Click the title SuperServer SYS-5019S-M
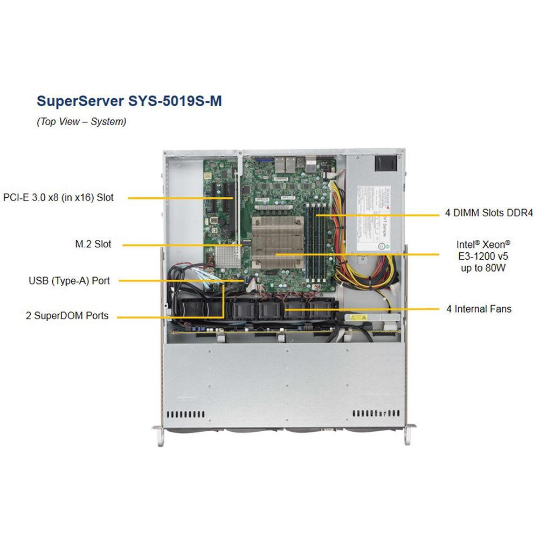129,101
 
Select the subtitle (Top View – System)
81,122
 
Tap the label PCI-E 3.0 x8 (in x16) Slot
58,197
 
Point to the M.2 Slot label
93,244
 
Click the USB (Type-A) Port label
69,280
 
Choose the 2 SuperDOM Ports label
67,316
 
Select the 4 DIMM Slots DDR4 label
488,213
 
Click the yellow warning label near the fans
355,317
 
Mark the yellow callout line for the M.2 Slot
183,246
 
